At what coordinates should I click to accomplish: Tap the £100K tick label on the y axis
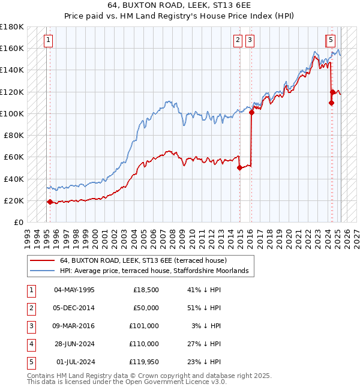pyautogui.click(x=12, y=113)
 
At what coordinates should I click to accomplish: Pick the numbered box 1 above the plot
pyautogui.click(x=47, y=40)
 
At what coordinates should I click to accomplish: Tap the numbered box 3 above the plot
pyautogui.click(x=250, y=40)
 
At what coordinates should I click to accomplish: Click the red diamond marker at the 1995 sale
pyautogui.click(x=50, y=202)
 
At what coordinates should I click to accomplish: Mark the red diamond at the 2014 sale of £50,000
pyautogui.click(x=240, y=168)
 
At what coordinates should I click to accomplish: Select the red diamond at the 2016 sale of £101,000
pyautogui.click(x=252, y=112)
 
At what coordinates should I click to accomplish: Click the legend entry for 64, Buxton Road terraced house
pyautogui.click(x=143, y=261)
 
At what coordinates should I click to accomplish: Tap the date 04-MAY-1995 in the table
pyautogui.click(x=74, y=290)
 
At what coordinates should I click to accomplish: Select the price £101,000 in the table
pyautogui.click(x=144, y=326)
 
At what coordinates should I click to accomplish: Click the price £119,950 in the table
pyautogui.click(x=144, y=362)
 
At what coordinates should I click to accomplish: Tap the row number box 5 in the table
pyautogui.click(x=30, y=362)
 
